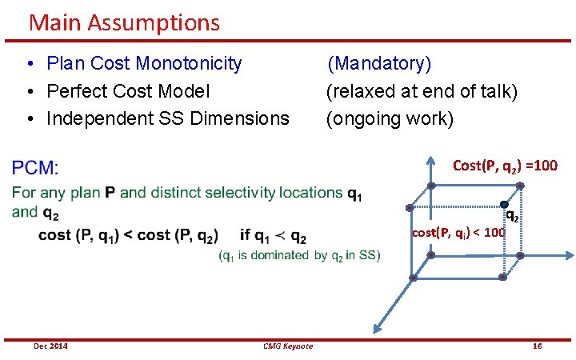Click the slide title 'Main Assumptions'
(124, 22)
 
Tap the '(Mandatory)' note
(379, 63)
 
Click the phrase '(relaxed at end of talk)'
(422, 91)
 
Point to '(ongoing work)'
(390, 119)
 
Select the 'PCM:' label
(35, 168)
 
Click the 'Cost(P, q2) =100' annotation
(505, 166)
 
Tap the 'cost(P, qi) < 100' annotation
(458, 233)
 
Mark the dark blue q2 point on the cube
(505, 205)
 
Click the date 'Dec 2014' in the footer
(50, 346)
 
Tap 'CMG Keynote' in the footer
(288, 346)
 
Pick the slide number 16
(537, 346)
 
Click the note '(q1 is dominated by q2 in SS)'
(299, 255)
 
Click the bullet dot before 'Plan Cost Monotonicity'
(28, 64)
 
